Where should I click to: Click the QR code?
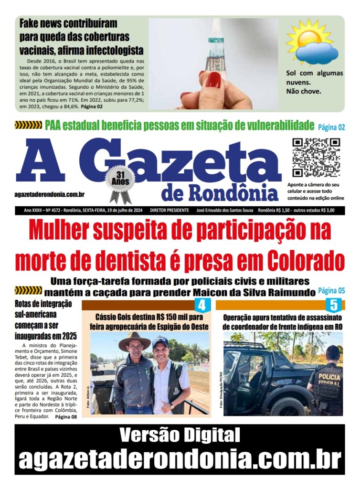(316, 158)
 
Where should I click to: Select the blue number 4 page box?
(202, 305)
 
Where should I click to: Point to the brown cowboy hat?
(135, 341)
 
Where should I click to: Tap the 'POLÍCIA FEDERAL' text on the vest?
(328, 377)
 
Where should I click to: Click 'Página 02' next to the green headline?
(331, 127)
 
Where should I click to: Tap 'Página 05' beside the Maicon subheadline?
(331, 290)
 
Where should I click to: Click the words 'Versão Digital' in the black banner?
(180, 435)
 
